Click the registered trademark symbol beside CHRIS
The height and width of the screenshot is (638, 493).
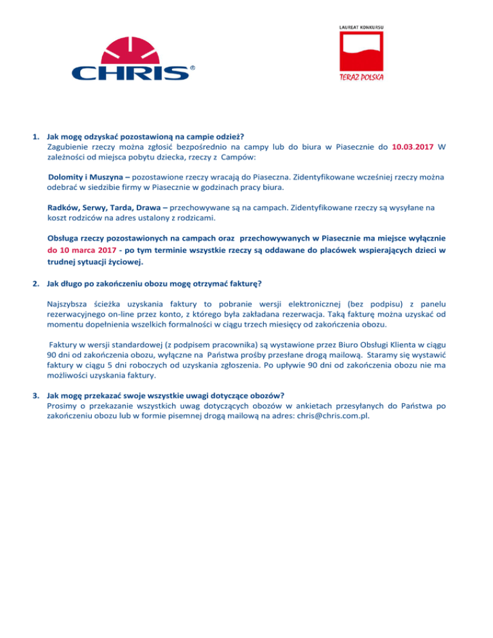point(193,67)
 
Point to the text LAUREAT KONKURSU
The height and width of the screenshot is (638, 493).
point(365,28)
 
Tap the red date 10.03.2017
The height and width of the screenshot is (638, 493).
point(413,146)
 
